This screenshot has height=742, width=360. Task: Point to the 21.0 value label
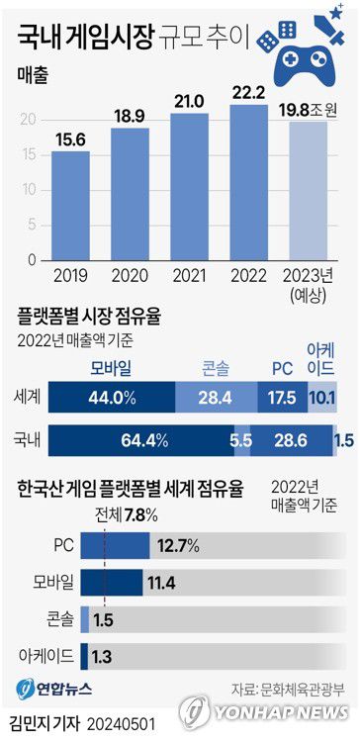click(189, 101)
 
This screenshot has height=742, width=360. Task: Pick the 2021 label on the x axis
click(189, 276)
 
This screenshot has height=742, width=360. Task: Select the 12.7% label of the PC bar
click(177, 544)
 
